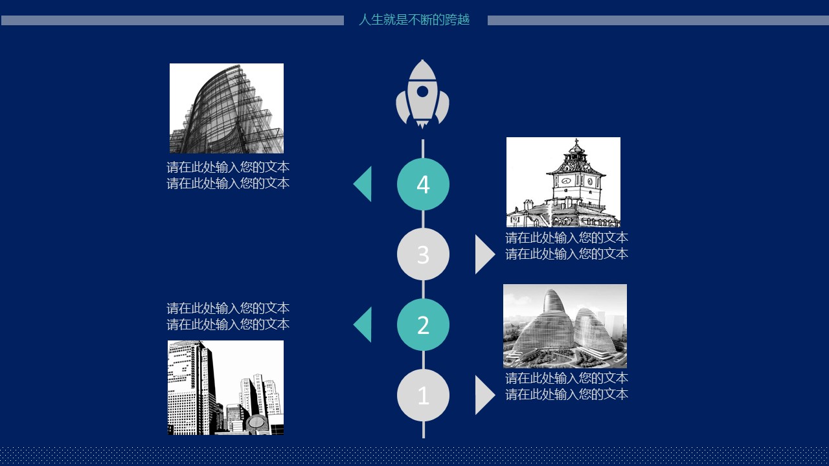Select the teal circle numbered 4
[423, 184]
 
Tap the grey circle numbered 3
[423, 254]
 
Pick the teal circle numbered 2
[423, 325]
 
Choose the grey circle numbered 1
[423, 395]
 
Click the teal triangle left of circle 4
[363, 184]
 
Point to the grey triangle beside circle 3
[484, 254]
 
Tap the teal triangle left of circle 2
[363, 325]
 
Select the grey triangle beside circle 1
[484, 395]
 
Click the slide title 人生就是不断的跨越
[414, 20]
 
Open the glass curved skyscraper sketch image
[227, 108]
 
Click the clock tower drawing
[563, 182]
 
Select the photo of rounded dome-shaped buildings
[565, 326]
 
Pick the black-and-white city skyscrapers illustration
[225, 387]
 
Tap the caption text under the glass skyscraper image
[228, 175]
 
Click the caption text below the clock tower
[567, 246]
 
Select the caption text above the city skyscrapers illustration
[228, 316]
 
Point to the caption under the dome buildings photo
[567, 386]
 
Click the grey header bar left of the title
[172, 21]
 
